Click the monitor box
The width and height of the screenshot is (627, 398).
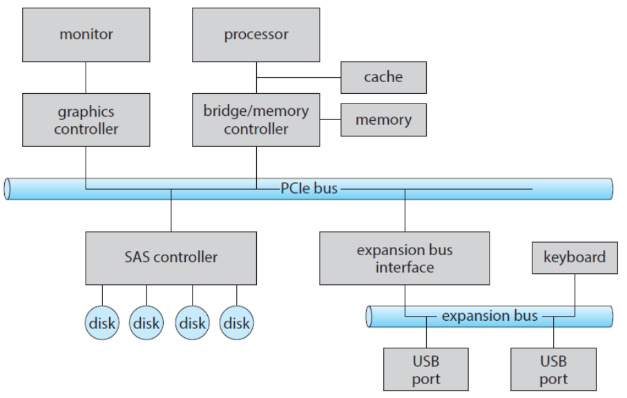pyautogui.click(x=86, y=34)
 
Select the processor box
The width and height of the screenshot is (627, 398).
pyautogui.click(x=255, y=34)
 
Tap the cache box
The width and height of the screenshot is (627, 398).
pyautogui.click(x=383, y=77)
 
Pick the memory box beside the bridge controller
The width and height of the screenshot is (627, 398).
pyautogui.click(x=383, y=120)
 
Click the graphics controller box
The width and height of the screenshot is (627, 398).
pyautogui.click(x=86, y=120)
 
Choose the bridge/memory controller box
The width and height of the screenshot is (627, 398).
pyautogui.click(x=255, y=120)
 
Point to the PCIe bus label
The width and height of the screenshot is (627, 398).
pyautogui.click(x=309, y=188)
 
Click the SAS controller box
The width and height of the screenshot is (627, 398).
pyautogui.click(x=171, y=258)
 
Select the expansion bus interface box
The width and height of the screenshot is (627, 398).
pyautogui.click(x=405, y=258)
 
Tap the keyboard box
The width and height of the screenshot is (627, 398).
pyautogui.click(x=575, y=258)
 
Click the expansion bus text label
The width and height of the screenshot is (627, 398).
pyautogui.click(x=489, y=316)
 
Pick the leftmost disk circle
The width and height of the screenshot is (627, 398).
pyautogui.click(x=102, y=322)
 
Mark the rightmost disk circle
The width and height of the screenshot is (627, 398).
pyautogui.click(x=236, y=322)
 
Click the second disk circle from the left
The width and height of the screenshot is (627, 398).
pyautogui.click(x=147, y=322)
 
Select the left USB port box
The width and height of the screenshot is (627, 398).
pyautogui.click(x=426, y=370)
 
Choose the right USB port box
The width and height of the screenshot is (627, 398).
pyautogui.click(x=553, y=370)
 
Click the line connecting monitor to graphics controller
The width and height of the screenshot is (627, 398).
pyautogui.click(x=86, y=78)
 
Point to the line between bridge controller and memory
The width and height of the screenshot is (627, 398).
pyautogui.click(x=331, y=120)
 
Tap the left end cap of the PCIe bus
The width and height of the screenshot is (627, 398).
pyautogui.click(x=8, y=188)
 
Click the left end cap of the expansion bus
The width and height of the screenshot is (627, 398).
pyautogui.click(x=369, y=317)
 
